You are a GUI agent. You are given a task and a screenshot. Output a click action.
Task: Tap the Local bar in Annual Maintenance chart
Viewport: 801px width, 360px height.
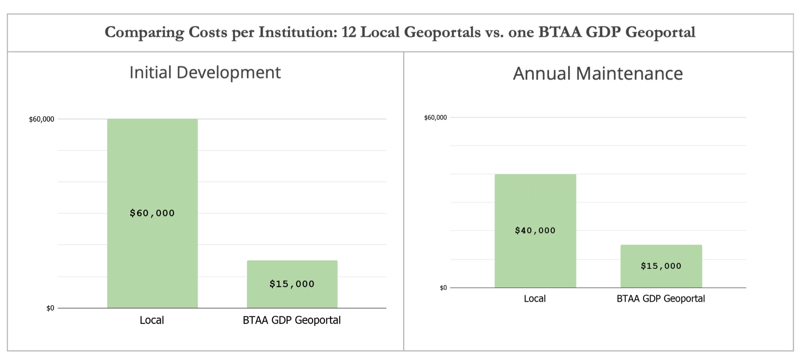[535, 199]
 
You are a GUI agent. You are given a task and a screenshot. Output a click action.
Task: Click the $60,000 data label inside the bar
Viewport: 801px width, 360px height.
[152, 213]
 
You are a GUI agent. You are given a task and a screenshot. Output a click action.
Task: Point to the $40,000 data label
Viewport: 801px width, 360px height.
[535, 231]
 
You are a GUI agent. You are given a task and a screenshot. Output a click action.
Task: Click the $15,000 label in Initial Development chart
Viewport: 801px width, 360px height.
[292, 284]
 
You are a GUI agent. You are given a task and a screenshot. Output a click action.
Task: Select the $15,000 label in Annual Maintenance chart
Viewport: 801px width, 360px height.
[661, 266]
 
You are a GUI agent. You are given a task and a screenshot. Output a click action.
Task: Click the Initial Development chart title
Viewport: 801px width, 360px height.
[205, 73]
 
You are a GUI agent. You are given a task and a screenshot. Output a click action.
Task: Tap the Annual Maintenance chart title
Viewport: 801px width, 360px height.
[598, 74]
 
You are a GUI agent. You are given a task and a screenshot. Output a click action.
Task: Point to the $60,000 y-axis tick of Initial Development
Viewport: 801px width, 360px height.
[41, 119]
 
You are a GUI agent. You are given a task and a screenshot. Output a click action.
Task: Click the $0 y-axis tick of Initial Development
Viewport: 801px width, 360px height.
[50, 308]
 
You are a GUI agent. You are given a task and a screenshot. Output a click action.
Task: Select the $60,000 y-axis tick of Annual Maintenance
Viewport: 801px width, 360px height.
[435, 118]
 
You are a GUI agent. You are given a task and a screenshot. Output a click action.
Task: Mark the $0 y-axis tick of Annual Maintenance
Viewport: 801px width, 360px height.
[443, 288]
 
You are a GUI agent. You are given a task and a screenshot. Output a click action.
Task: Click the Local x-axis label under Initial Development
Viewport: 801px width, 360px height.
[152, 320]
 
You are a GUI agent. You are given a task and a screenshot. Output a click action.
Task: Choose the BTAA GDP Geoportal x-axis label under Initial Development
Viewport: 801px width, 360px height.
[292, 320]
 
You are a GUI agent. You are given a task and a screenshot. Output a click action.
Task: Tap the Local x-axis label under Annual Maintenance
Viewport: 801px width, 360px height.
[535, 299]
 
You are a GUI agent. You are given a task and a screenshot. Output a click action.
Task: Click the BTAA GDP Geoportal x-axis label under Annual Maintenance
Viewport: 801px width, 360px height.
[661, 299]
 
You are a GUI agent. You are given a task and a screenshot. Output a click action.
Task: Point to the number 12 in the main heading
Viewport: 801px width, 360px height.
[349, 32]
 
